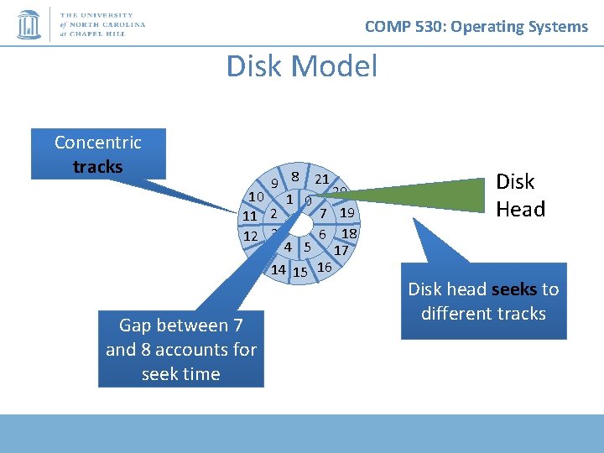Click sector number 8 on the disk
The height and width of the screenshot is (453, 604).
(297, 176)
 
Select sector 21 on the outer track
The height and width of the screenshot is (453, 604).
(321, 179)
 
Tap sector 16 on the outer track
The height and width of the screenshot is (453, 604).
(325, 267)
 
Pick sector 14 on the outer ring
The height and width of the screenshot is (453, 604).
(279, 270)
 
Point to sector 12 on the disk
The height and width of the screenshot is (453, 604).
(250, 237)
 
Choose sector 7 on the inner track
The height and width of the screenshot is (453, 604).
(322, 215)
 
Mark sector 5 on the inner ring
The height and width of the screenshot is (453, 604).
(308, 247)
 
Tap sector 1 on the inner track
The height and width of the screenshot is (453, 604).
(289, 200)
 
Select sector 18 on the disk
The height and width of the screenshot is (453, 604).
(350, 233)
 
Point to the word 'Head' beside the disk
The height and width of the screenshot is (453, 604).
(520, 209)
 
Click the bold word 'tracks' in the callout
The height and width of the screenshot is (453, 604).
(97, 166)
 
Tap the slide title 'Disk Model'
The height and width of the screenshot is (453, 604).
(302, 66)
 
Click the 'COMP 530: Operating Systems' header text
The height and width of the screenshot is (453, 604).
(476, 27)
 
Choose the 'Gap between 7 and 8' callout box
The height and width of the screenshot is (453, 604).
(181, 349)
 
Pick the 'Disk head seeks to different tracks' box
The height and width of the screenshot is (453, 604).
(483, 302)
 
